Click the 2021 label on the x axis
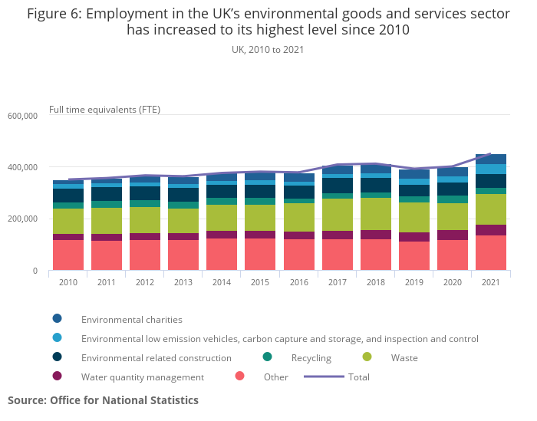[x=490, y=282]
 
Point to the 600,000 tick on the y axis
[x=22, y=116]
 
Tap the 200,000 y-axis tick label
[x=22, y=219]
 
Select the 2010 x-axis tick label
[x=68, y=282]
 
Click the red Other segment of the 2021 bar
[x=490, y=252]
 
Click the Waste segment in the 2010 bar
[x=68, y=221]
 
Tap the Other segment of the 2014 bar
[x=222, y=254]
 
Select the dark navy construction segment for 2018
[x=375, y=185]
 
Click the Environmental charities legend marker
[x=57, y=319]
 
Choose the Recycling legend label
[x=311, y=357]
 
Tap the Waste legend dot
[x=367, y=357]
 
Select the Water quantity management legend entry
[x=143, y=377]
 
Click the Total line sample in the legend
[x=324, y=377]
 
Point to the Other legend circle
[x=239, y=377]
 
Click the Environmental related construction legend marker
[x=57, y=357]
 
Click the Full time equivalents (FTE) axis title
[x=104, y=109]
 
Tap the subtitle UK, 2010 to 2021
[x=268, y=49]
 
